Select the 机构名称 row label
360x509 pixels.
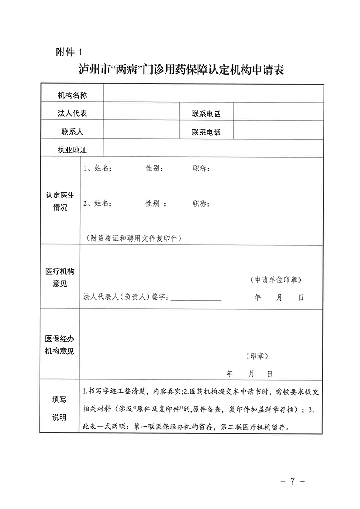[x=72, y=95]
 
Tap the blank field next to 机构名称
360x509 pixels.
[x=213, y=95]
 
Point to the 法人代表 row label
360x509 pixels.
[x=72, y=113]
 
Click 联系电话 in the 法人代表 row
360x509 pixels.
[x=206, y=114]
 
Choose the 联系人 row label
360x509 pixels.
[x=72, y=132]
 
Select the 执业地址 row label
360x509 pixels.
[x=72, y=150]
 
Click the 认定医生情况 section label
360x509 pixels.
[x=60, y=201]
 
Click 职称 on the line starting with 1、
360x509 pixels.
[x=200, y=169]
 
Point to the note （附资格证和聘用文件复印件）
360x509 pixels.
[x=133, y=238]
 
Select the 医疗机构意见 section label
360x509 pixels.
[x=60, y=278]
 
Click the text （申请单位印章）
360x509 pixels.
[x=276, y=279]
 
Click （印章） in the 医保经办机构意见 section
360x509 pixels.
[x=257, y=356]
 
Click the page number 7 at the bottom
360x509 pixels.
[x=292, y=482]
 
